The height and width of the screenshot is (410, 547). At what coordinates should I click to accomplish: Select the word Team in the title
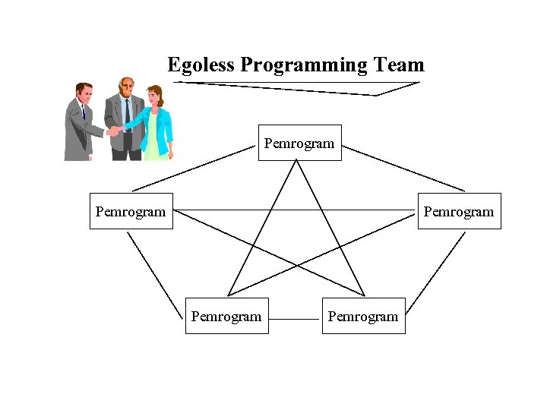[400, 65]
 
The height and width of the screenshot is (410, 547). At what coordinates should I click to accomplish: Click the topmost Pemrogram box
[299, 143]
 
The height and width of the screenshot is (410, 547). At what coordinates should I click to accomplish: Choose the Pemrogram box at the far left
[131, 211]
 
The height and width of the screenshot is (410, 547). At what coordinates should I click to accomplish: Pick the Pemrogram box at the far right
[459, 211]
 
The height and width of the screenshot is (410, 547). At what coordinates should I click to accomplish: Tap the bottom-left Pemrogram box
[226, 316]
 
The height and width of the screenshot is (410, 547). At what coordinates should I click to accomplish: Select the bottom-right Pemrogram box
[363, 316]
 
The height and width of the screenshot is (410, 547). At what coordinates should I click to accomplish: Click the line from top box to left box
[194, 168]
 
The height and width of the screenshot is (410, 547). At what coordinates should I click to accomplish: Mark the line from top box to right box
[403, 168]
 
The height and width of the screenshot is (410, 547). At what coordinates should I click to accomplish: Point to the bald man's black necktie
[128, 114]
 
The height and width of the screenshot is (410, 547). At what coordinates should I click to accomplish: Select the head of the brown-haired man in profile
[84, 93]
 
